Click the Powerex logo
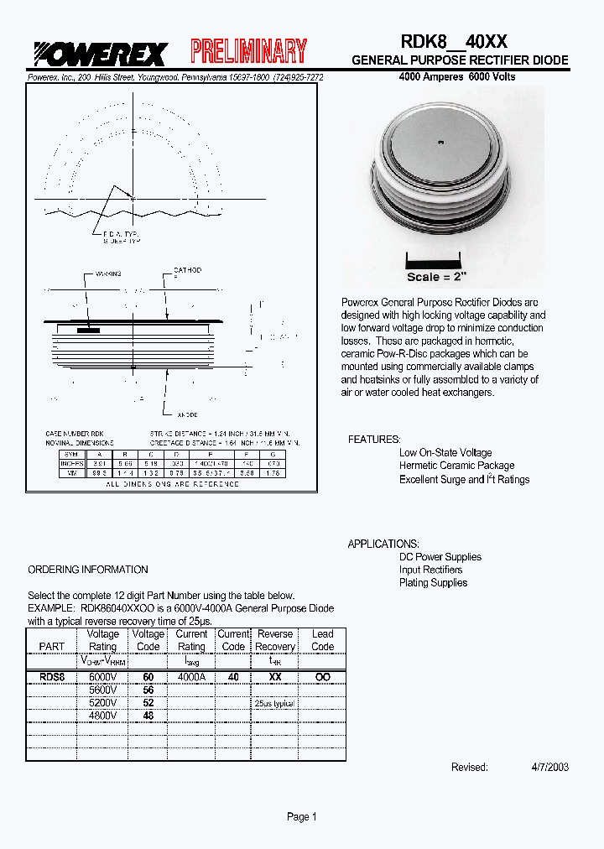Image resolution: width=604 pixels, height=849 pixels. click(x=100, y=54)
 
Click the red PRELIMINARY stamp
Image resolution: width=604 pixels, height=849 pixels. click(x=248, y=52)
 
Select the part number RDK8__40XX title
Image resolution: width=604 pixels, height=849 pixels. click(x=453, y=41)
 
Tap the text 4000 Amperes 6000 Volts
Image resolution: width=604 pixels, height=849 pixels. click(x=457, y=76)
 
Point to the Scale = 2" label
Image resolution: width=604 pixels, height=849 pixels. click(x=436, y=277)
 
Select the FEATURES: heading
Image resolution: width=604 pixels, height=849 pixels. click(x=374, y=440)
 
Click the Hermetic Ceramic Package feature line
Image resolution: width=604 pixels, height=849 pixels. click(x=456, y=466)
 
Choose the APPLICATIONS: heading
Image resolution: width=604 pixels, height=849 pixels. click(x=383, y=544)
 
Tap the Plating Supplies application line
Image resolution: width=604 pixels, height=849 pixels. click(x=433, y=583)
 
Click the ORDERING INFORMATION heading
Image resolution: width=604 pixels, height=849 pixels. click(x=88, y=570)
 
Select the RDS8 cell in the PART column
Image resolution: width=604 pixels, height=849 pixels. click(x=51, y=676)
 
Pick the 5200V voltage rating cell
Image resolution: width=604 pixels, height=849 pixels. click(x=102, y=703)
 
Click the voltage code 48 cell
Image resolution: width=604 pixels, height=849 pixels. click(x=148, y=716)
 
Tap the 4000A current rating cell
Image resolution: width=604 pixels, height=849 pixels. click(x=190, y=676)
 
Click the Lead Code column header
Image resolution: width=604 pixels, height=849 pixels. click(x=322, y=640)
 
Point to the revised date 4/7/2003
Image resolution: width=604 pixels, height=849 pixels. click(x=549, y=767)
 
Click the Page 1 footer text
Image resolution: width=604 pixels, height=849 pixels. click(x=302, y=817)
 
